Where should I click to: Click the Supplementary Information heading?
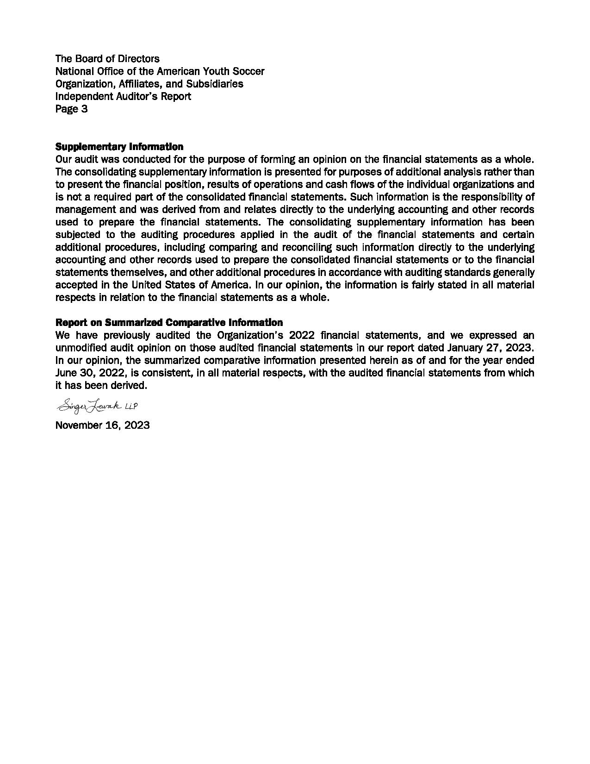[119, 147]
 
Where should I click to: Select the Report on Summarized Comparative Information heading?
[169, 322]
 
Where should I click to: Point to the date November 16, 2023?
[102, 426]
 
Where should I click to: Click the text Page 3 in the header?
[71, 109]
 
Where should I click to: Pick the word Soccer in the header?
[248, 71]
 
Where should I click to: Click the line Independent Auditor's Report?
[123, 96]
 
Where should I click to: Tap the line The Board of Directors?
[107, 59]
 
